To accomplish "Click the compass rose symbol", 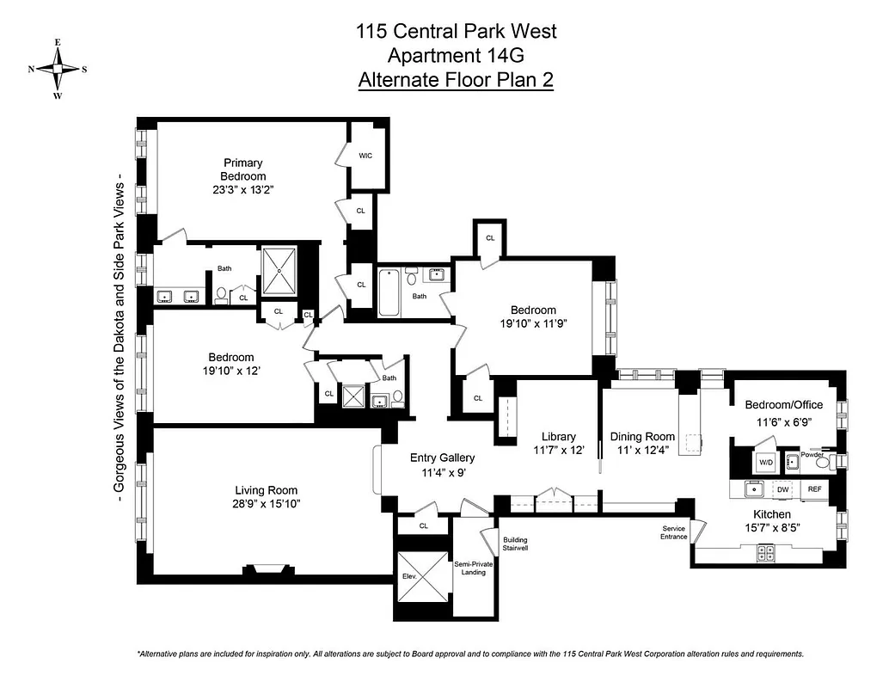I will pos(58,69).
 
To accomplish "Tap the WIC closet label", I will pos(365,156).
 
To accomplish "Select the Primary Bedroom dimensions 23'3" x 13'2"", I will pos(243,190).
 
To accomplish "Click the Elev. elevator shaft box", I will pos(421,577).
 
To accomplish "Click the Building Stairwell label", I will pos(515,543).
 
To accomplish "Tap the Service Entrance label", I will pos(674,532).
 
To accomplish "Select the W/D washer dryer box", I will pos(765,462).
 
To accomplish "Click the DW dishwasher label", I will pos(782,489).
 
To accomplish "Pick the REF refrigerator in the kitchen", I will pos(814,489).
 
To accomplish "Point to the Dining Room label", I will pos(639,436).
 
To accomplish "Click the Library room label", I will pos(558,436).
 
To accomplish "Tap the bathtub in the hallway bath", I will pos(388,293).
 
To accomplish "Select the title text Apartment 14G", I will pos(456,56).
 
